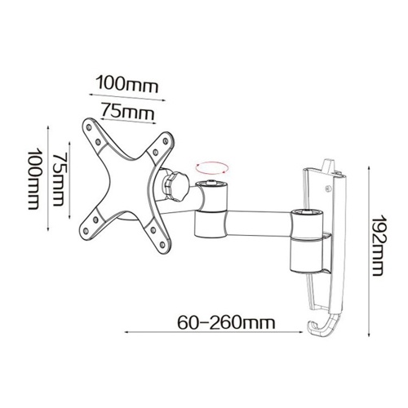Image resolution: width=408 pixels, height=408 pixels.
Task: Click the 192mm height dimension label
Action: (x=378, y=246)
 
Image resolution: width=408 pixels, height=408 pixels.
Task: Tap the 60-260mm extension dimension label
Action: (x=226, y=322)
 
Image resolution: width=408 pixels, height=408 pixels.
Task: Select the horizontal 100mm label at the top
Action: (x=127, y=84)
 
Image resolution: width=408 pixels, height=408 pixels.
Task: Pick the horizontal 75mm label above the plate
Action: (x=127, y=111)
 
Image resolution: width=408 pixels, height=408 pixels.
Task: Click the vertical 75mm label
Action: (x=59, y=180)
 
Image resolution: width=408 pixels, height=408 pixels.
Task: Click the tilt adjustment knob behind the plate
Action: (x=175, y=186)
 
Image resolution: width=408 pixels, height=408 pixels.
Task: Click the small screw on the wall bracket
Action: (x=328, y=188)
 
